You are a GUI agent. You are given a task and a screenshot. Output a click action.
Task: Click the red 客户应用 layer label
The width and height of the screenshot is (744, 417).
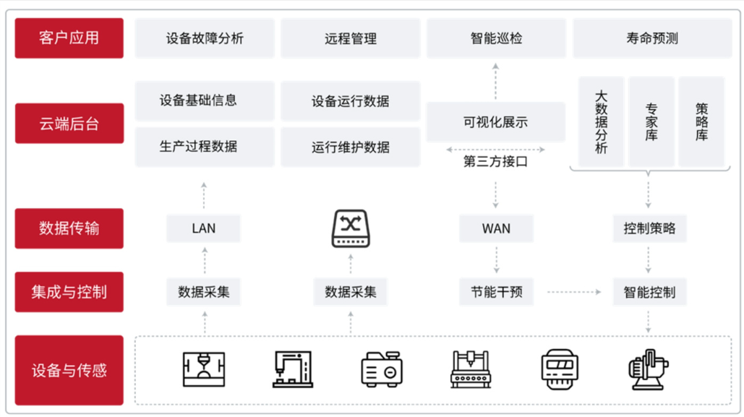tap(69, 38)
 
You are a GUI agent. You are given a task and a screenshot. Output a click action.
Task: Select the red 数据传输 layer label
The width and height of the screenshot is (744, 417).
tap(69, 228)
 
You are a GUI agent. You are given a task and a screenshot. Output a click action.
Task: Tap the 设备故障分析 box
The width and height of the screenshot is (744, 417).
tap(205, 38)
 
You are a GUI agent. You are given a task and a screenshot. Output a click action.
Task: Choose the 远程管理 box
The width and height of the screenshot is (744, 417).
tap(350, 38)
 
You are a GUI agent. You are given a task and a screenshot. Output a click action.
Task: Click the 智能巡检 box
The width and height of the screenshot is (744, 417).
tap(496, 38)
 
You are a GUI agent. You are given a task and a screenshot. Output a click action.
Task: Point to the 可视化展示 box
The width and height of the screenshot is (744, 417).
tap(495, 122)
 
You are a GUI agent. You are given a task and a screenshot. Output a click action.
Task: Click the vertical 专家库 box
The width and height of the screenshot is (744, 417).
tap(651, 122)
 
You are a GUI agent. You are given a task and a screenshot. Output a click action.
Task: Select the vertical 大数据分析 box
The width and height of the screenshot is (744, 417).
tap(601, 122)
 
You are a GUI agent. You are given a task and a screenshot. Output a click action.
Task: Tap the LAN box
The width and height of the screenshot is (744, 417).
tap(203, 228)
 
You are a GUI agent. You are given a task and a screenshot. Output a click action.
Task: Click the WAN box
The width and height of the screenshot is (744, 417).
tap(496, 228)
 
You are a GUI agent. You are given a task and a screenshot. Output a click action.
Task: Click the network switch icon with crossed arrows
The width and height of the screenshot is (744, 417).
tap(351, 228)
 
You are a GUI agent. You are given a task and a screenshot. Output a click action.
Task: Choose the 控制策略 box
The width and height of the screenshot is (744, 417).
tap(649, 228)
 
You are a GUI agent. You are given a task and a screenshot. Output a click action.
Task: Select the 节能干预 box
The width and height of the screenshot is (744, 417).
tap(496, 292)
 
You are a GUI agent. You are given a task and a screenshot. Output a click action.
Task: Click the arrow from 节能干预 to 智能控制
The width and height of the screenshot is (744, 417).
tap(574, 292)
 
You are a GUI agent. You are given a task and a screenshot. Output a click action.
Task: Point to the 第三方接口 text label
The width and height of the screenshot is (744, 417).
tap(495, 162)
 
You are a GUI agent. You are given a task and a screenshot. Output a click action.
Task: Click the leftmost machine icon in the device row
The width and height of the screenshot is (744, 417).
tap(203, 369)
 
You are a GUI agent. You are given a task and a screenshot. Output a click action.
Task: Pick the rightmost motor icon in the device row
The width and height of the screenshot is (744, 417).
tap(648, 369)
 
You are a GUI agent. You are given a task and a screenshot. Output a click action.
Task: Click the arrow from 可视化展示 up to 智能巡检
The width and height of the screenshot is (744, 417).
tap(496, 81)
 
